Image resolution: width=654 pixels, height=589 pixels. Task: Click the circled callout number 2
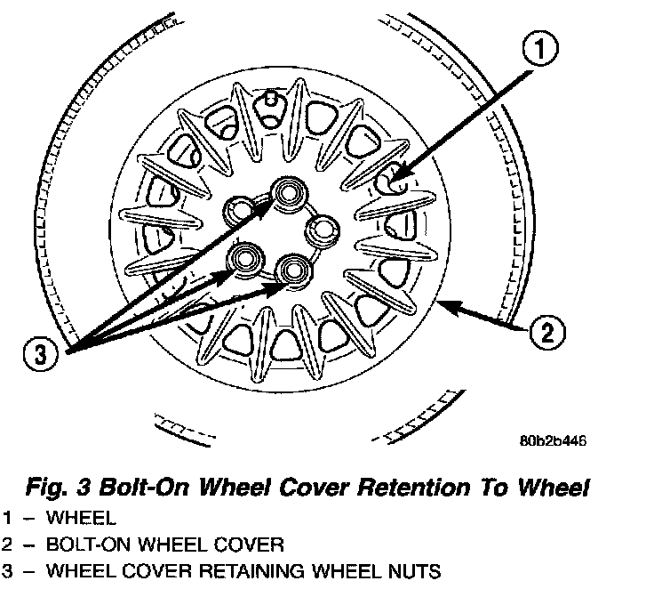[545, 335]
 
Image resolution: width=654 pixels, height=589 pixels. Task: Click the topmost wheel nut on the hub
[288, 190]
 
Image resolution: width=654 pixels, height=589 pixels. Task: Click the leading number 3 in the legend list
[7, 570]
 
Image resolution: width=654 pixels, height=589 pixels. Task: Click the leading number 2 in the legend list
[7, 544]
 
